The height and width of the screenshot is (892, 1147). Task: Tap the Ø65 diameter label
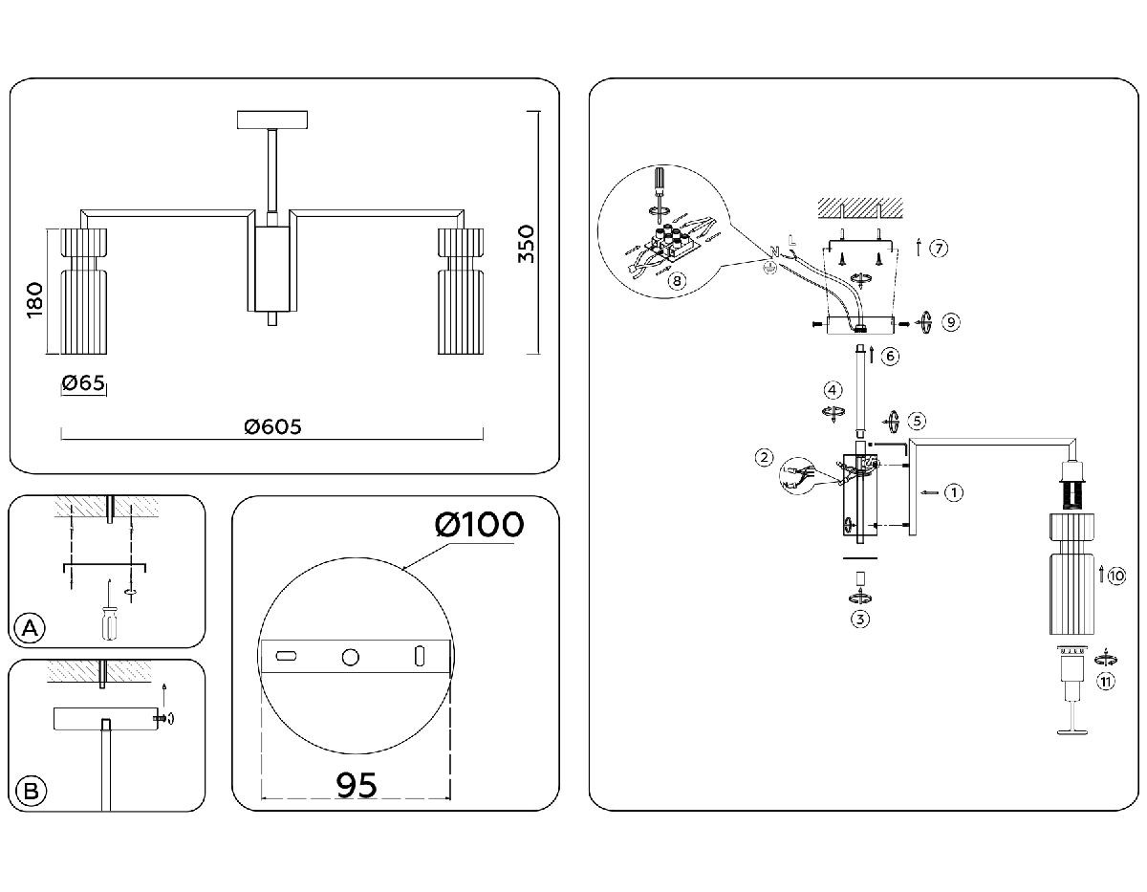pos(82,384)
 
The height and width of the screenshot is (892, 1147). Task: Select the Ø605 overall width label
pos(272,427)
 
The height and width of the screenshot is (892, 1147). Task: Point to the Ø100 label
pos(478,525)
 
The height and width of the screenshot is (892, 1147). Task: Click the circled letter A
pos(31,628)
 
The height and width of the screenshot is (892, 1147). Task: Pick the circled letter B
pos(31,791)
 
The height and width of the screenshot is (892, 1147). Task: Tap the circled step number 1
pos(952,493)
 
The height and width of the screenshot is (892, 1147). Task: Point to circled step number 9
pos(949,322)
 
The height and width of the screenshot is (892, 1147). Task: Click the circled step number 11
pos(1105,681)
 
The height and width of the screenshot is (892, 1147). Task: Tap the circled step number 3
pos(860,619)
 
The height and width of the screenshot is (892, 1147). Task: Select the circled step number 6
pos(889,356)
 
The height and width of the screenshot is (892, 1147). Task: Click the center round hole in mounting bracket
pos(351,657)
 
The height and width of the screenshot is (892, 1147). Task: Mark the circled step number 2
pos(764,457)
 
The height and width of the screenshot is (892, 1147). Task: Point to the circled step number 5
pos(917,420)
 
